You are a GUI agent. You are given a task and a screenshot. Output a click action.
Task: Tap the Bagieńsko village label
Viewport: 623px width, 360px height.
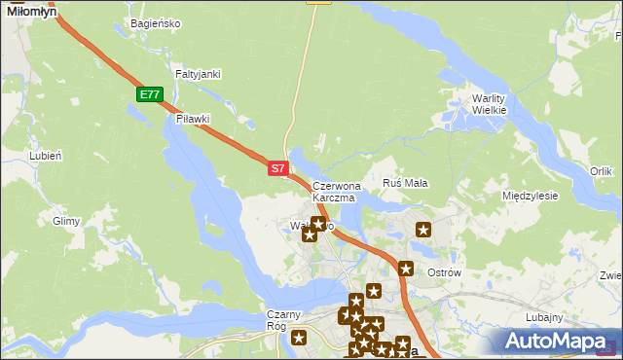[155, 23]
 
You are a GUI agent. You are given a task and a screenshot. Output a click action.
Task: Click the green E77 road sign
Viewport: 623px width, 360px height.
[149, 94]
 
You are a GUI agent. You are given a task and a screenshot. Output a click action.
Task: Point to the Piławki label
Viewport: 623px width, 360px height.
[193, 119]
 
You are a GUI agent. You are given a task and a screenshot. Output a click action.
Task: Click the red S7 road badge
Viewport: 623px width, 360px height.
[277, 168]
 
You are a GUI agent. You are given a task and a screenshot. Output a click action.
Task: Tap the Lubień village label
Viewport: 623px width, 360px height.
[46, 155]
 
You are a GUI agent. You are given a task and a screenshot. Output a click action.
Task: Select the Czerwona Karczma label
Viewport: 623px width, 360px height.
[337, 191]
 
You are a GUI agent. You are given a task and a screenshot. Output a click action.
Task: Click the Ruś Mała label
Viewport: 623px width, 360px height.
[406, 183]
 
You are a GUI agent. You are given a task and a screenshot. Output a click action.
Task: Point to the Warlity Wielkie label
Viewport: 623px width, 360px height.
[490, 104]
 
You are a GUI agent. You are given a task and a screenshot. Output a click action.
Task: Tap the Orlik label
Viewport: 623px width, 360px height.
[601, 171]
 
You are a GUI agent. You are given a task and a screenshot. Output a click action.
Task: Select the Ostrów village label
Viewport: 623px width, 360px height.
[444, 273]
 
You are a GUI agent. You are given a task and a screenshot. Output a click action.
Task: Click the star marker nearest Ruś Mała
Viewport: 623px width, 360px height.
[423, 230]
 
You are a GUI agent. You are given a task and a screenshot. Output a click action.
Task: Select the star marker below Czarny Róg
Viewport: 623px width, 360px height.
[299, 339]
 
